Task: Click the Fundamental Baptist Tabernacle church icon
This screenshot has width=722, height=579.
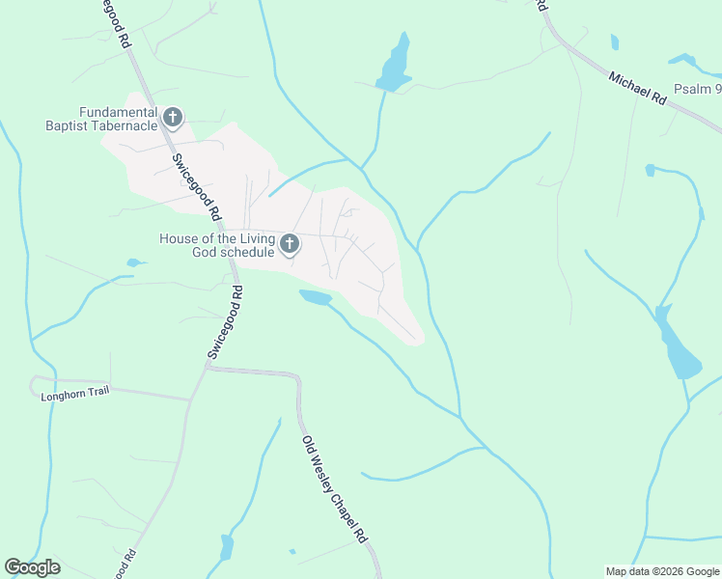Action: tap(173, 118)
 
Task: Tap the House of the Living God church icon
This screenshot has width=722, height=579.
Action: tap(290, 245)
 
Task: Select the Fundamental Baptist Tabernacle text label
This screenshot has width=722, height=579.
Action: tap(102, 118)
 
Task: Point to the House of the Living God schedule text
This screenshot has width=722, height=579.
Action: tap(217, 245)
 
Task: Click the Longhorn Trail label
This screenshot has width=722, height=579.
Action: tap(72, 392)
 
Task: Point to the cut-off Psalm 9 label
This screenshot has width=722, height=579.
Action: tap(697, 90)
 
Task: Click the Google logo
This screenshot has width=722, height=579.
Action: tap(32, 567)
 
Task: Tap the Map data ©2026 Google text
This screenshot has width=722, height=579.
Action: tap(662, 571)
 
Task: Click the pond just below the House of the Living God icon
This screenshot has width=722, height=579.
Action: tap(316, 297)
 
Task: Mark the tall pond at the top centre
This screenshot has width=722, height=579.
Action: tap(396, 64)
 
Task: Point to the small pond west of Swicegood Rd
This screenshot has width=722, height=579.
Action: tap(134, 262)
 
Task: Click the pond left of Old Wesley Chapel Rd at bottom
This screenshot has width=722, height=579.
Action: tap(227, 547)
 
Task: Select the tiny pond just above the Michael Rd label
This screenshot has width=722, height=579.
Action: tap(615, 41)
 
